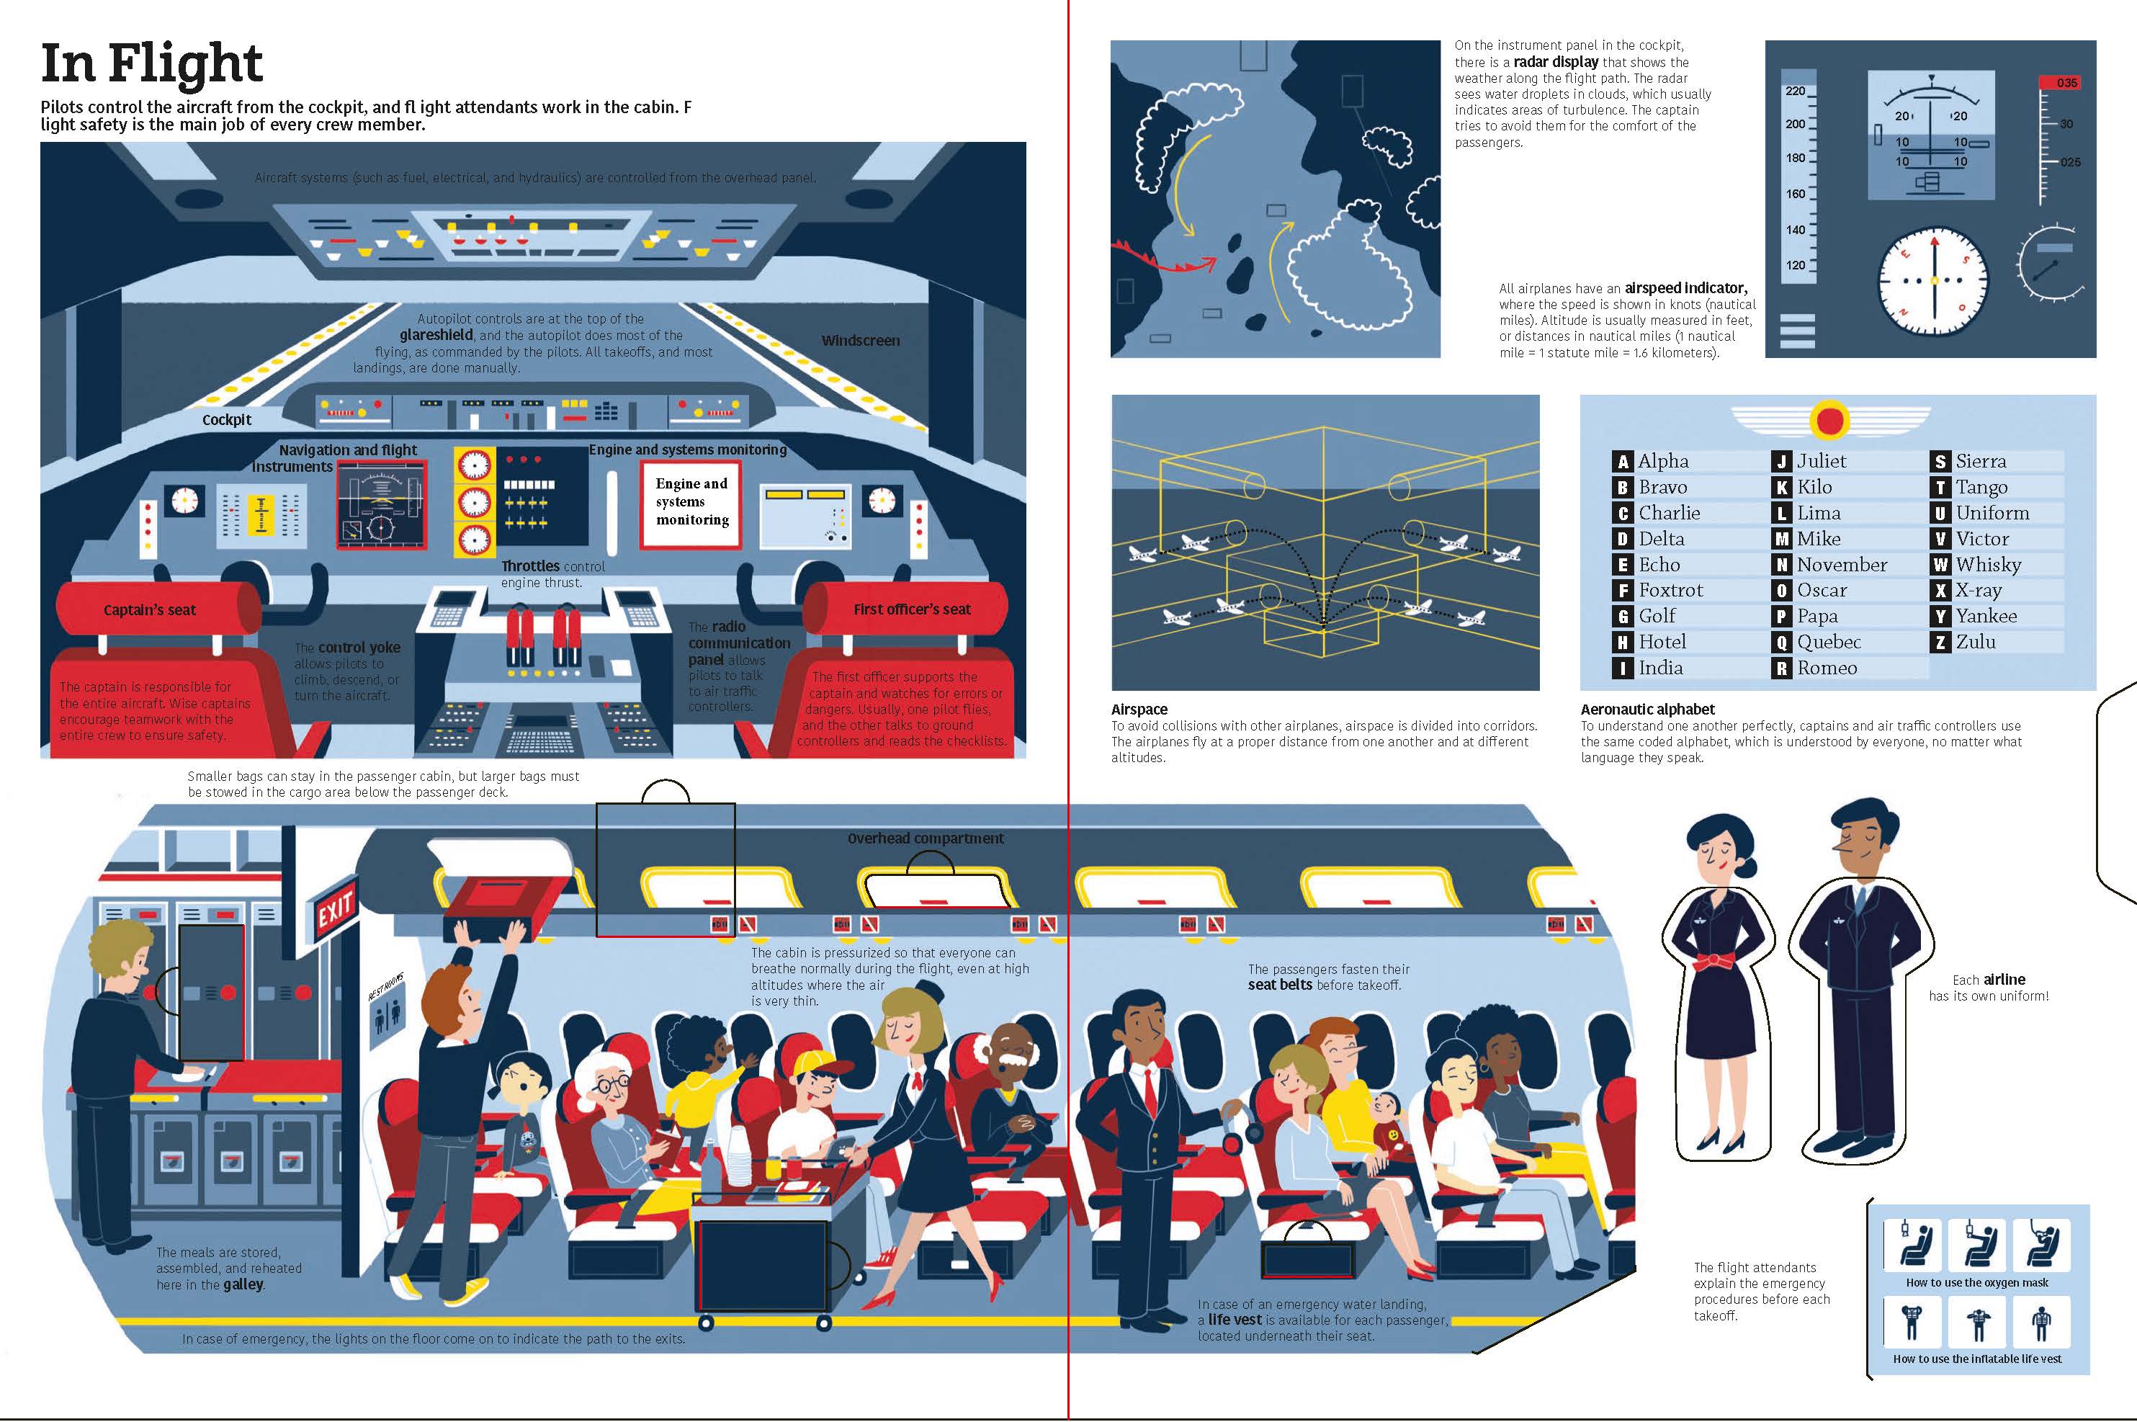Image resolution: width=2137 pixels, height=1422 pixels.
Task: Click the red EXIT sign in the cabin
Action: [334, 906]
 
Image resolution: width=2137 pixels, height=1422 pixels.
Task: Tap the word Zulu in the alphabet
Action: [1976, 642]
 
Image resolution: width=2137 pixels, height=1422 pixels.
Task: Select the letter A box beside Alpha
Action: [1623, 462]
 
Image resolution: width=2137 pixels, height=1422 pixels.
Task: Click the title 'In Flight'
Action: [151, 63]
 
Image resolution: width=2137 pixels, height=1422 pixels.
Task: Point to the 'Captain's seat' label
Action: [150, 610]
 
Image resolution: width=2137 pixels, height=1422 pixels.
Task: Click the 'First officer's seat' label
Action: [912, 609]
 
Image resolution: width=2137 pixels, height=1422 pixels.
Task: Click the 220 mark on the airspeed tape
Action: [1795, 91]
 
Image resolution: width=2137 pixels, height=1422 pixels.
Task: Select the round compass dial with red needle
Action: [1933, 280]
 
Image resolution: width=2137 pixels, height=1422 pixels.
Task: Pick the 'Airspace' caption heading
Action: [1139, 709]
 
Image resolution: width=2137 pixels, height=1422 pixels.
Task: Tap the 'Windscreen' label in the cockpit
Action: [861, 341]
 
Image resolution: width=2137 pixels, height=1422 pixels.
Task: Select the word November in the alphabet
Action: [1842, 565]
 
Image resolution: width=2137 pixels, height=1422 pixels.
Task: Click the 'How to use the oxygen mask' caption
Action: [1976, 1282]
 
